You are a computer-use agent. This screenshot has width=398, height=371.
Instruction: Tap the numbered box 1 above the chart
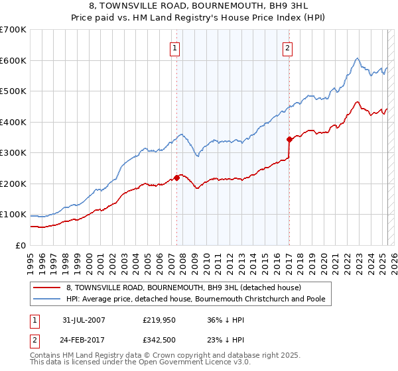tap(174, 47)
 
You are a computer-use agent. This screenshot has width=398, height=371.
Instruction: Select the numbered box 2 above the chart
tap(287, 47)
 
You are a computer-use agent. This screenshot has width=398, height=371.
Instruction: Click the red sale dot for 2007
tap(177, 177)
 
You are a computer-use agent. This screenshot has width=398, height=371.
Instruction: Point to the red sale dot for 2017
tap(289, 139)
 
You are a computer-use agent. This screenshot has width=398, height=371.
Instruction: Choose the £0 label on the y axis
tap(21, 245)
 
